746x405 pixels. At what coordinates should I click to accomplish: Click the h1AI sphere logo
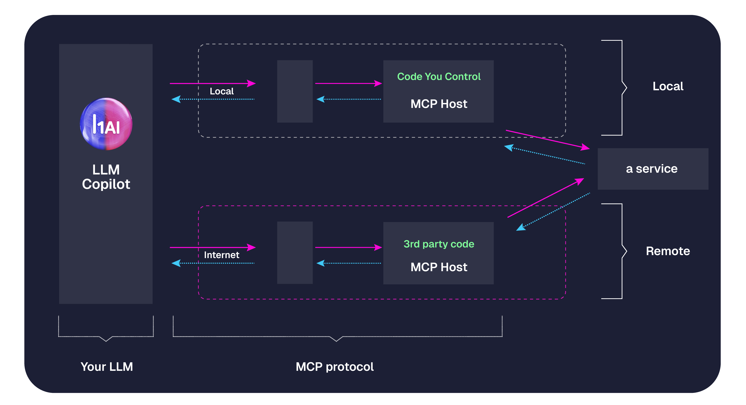tap(106, 124)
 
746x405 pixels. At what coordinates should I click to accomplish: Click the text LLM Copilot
tap(106, 177)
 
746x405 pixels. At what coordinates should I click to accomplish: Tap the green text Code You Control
tap(439, 77)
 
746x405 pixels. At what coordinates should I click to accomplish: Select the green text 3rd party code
tap(439, 244)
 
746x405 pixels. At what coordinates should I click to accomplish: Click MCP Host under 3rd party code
tap(439, 267)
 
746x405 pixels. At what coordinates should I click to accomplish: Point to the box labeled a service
tap(653, 169)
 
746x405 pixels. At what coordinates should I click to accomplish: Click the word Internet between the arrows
tap(222, 255)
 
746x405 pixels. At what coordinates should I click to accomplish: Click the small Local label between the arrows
tap(222, 91)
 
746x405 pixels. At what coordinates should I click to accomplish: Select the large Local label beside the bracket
tap(668, 86)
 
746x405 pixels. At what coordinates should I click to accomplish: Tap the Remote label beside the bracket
tap(668, 251)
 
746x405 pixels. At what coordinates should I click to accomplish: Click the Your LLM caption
tap(107, 367)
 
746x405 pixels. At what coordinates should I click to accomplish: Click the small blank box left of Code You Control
tap(295, 91)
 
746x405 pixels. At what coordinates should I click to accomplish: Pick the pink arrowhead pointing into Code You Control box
tap(378, 84)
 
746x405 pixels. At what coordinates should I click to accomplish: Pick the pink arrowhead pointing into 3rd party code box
tap(378, 247)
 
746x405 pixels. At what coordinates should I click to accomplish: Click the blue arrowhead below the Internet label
tap(176, 263)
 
